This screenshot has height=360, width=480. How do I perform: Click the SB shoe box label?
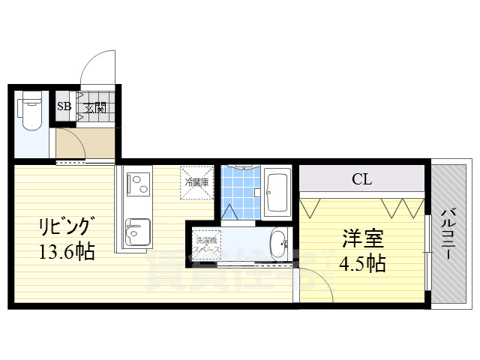[64, 106]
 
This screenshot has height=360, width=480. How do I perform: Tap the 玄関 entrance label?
[94, 106]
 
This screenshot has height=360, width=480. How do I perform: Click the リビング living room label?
[67, 225]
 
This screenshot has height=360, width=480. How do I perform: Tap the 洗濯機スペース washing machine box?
[208, 244]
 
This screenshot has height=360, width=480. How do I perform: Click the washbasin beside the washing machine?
[277, 244]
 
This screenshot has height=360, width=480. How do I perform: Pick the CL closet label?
[361, 179]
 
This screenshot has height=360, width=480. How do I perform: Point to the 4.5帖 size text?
[363, 264]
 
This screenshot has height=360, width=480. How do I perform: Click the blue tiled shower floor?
[241, 191]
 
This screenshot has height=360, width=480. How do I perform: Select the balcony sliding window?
[427, 251]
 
